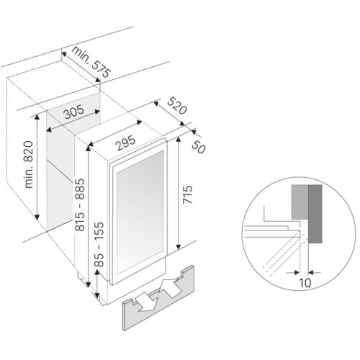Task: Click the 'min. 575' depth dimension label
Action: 91,63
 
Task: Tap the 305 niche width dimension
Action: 74,112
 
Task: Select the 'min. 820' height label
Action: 29,164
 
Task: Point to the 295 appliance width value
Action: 126,143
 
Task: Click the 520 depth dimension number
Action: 177,106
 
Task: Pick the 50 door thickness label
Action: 199,147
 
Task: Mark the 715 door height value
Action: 188,194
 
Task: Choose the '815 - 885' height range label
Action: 79,204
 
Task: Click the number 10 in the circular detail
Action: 305,283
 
